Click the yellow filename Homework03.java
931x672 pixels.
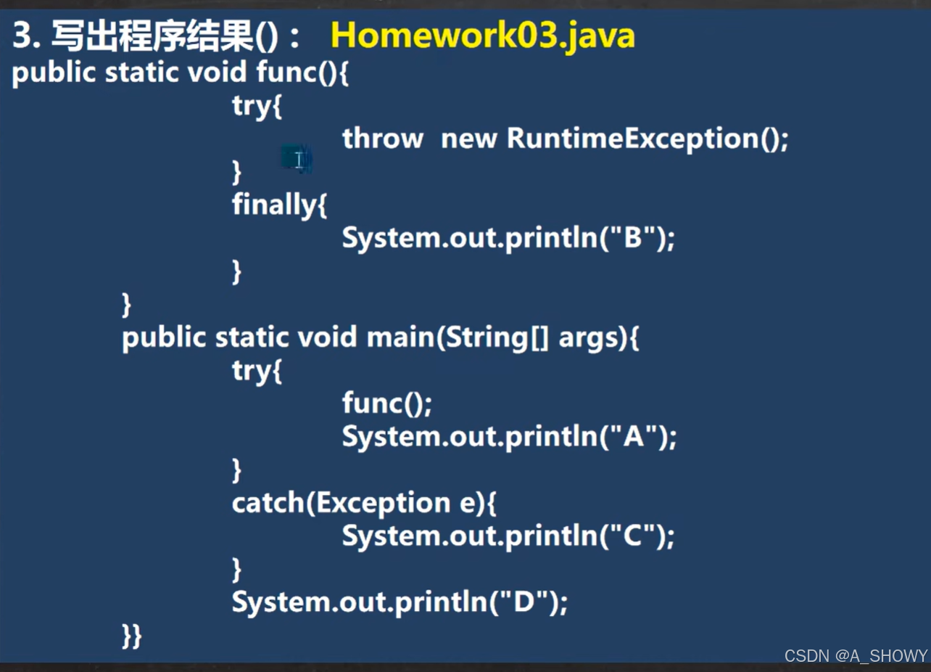(x=482, y=36)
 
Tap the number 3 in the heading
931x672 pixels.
(x=22, y=36)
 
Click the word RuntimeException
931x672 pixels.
(x=632, y=138)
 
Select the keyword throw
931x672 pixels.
(x=382, y=138)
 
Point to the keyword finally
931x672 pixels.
(x=274, y=205)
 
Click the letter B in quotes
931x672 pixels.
(x=633, y=238)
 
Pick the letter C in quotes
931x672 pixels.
(x=633, y=536)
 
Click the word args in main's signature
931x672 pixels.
(x=590, y=337)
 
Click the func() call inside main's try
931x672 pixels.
(x=386, y=403)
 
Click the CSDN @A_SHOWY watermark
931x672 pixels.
(x=856, y=655)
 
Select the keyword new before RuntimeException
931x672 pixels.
(x=468, y=138)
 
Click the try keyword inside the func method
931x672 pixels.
(x=252, y=106)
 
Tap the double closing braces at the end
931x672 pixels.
(x=131, y=636)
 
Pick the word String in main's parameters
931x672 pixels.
(x=486, y=337)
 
